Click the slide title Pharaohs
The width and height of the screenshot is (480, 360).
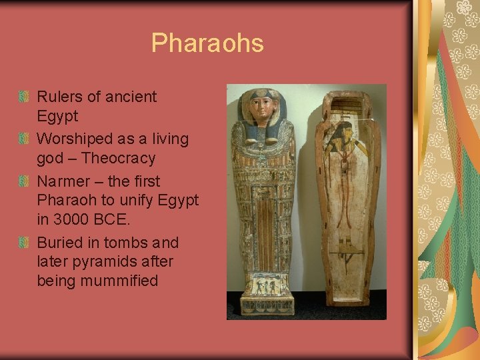[x=207, y=43]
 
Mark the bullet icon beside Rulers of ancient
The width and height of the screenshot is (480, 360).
[x=24, y=97]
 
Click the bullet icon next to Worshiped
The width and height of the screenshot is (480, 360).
[x=24, y=140]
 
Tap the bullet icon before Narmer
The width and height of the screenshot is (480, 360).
[x=24, y=182]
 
